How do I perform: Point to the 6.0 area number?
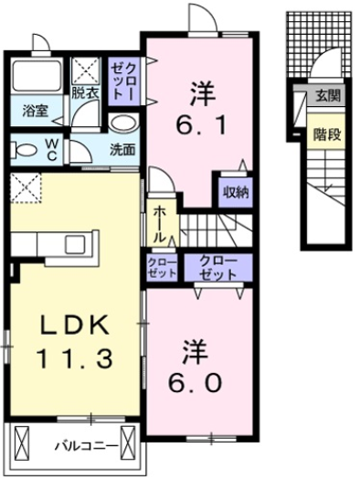click(199, 380)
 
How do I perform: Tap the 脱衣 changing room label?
click(86, 92)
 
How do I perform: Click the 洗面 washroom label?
click(123, 148)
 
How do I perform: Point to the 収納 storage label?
click(236, 192)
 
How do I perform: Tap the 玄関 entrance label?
click(326, 94)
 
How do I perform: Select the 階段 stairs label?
click(326, 133)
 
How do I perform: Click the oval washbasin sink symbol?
click(122, 123)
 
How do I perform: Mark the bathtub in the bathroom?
click(37, 80)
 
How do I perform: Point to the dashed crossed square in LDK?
click(26, 189)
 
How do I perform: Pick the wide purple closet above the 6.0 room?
click(219, 267)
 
